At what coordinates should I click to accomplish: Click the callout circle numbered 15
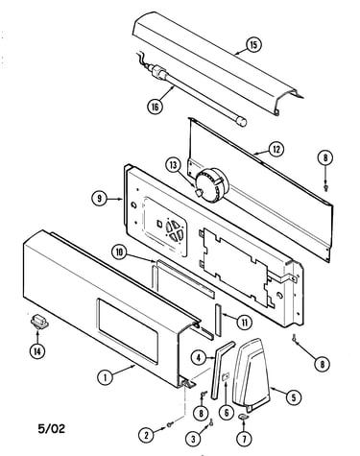(253, 45)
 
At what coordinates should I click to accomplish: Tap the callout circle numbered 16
(155, 107)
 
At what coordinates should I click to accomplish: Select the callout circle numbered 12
(276, 149)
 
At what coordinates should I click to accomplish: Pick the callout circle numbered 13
(174, 165)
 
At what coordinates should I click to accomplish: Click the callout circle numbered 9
(100, 199)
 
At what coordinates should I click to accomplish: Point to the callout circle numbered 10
(119, 252)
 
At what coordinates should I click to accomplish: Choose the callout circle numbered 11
(245, 323)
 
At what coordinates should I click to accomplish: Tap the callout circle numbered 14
(37, 352)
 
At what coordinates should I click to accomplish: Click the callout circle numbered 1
(105, 377)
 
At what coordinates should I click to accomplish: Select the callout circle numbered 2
(147, 435)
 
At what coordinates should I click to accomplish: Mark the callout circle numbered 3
(193, 439)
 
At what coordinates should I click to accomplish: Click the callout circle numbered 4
(199, 358)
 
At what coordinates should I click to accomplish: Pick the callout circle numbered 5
(294, 397)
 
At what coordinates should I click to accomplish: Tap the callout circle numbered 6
(227, 413)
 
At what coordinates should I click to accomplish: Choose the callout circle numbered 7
(244, 439)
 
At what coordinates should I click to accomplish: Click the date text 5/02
(52, 428)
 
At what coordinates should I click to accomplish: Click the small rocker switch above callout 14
(39, 322)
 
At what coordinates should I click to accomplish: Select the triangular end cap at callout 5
(252, 374)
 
